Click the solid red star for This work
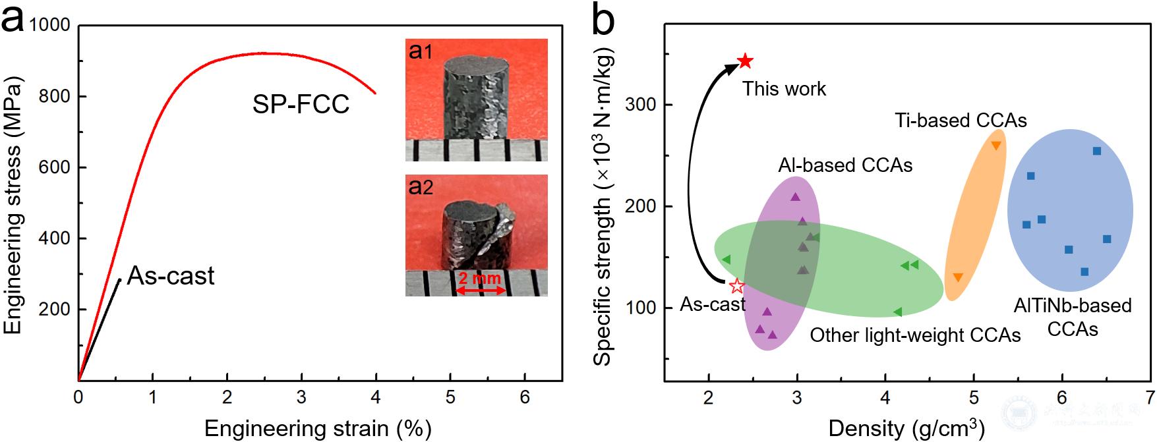[745, 61]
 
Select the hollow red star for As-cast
[737, 286]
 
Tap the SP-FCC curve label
[301, 105]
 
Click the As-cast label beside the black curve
[171, 275]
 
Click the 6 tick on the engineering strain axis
[525, 397]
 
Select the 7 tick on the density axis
[1150, 397]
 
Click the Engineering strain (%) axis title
[318, 429]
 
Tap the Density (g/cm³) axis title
[906, 428]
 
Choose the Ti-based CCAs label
[961, 121]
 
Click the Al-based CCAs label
[845, 165]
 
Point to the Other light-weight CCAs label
[915, 335]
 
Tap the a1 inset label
[421, 51]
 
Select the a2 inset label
[421, 187]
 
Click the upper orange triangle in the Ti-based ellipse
[995, 146]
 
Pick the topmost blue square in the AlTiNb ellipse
[1097, 151]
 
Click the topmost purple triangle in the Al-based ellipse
[795, 196]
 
